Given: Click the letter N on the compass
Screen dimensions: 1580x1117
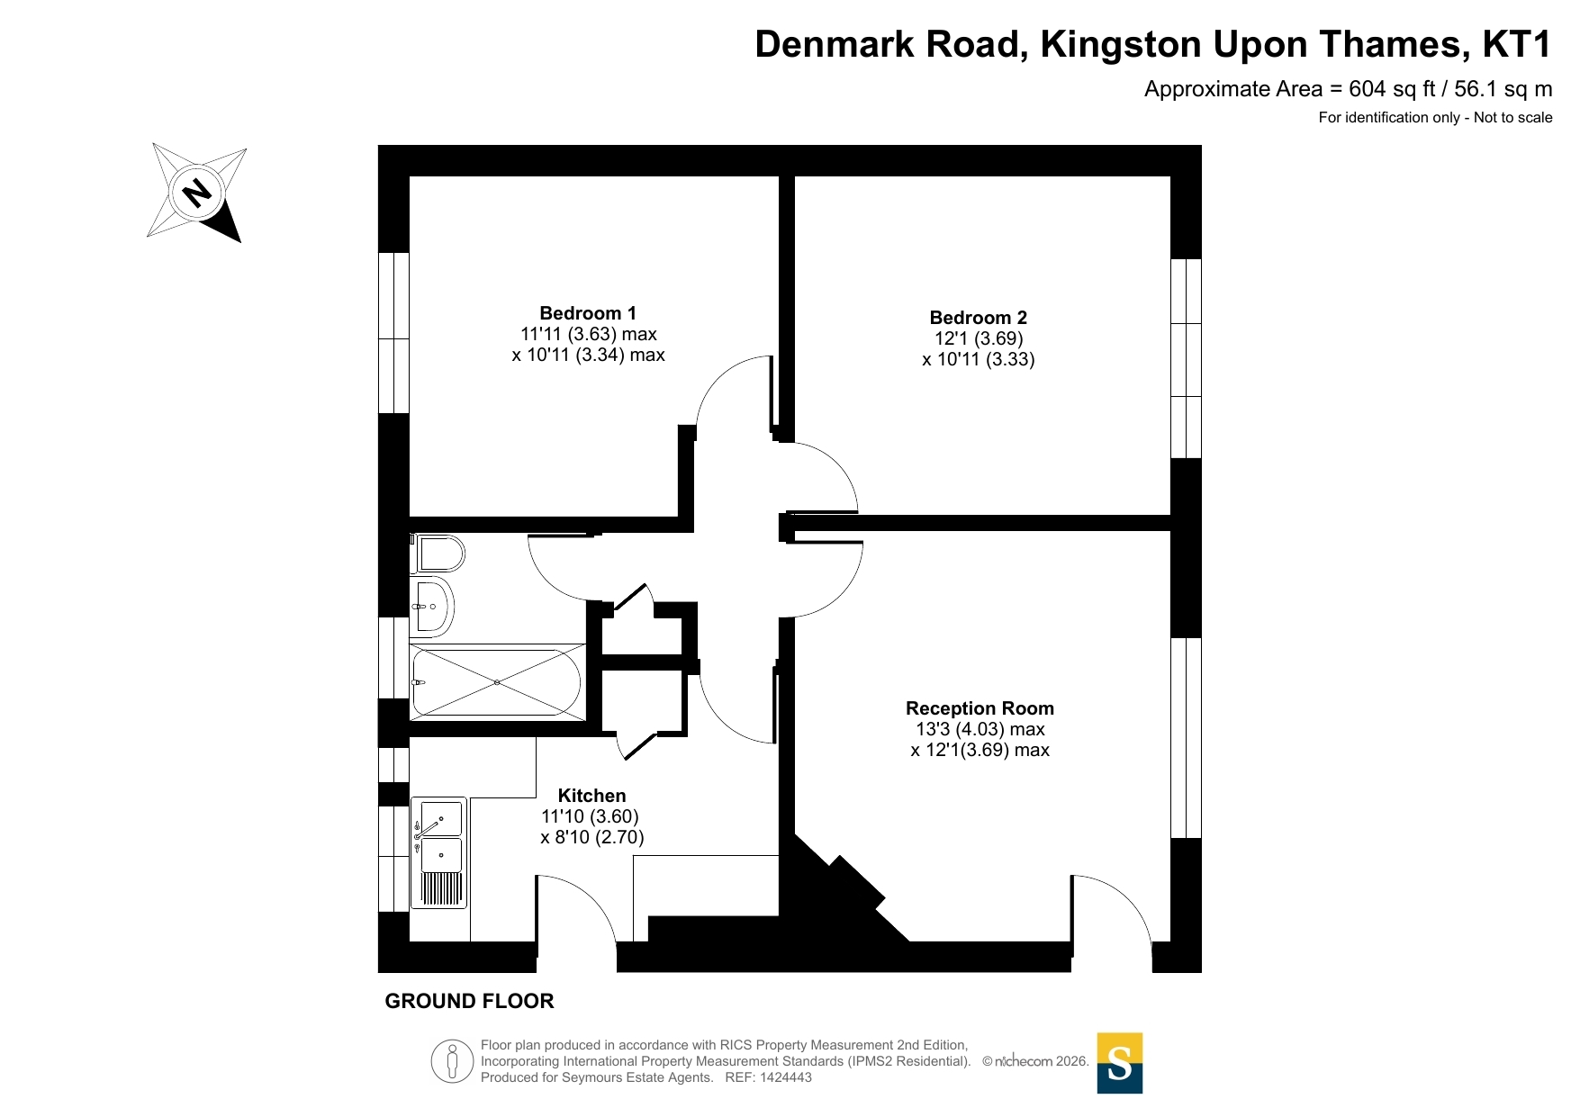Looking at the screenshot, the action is (197, 192).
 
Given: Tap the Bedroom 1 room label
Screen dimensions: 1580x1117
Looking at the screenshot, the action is (588, 313).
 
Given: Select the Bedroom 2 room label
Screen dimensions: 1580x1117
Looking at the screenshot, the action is (978, 318).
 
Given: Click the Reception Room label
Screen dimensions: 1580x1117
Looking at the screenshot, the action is (980, 708).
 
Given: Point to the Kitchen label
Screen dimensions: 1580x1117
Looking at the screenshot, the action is (591, 796).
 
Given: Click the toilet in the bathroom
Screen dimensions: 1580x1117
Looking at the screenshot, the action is (439, 554).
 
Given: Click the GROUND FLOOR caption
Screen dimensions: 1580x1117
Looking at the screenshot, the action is (469, 1001).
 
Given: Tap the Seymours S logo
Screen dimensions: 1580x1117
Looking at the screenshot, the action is (1120, 1063).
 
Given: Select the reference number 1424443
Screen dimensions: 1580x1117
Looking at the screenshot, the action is (786, 1077).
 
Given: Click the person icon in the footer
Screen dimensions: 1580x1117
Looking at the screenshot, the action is (452, 1061).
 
